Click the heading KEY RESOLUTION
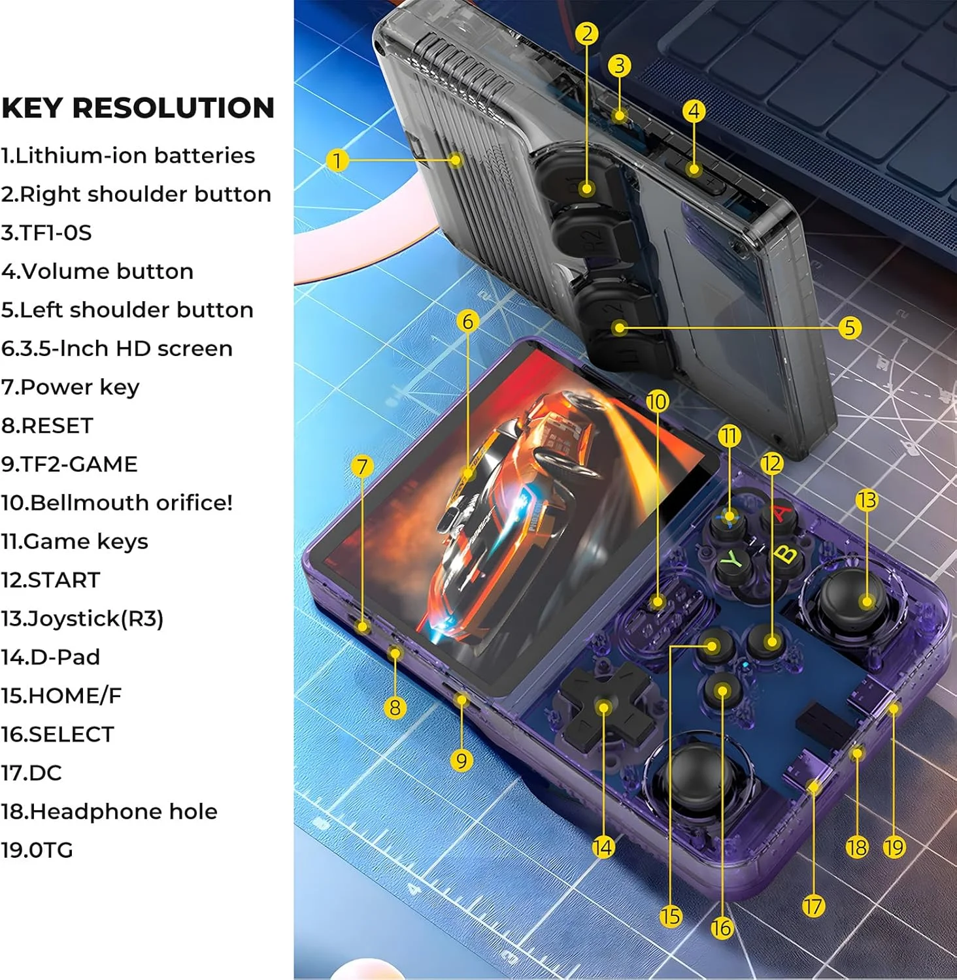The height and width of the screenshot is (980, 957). coord(138,108)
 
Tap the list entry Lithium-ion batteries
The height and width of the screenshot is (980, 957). coord(128,155)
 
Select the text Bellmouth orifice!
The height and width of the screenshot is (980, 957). coord(117,502)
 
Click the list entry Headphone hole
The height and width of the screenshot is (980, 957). coord(109,811)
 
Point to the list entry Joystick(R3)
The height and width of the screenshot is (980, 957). coord(82,618)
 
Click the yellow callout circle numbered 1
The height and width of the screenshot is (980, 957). coord(337,160)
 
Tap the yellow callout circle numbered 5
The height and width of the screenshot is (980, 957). coord(849,327)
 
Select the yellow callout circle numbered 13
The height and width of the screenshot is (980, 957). coord(866,500)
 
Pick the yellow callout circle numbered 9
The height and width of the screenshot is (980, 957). coord(462,760)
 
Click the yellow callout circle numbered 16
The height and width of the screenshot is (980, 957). coord(722,928)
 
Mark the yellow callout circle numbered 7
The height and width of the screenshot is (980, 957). coord(361,466)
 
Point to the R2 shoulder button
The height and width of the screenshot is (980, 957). coord(592,236)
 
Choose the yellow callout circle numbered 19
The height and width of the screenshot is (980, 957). coord(894,847)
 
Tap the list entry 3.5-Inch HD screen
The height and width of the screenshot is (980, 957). coord(117,348)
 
